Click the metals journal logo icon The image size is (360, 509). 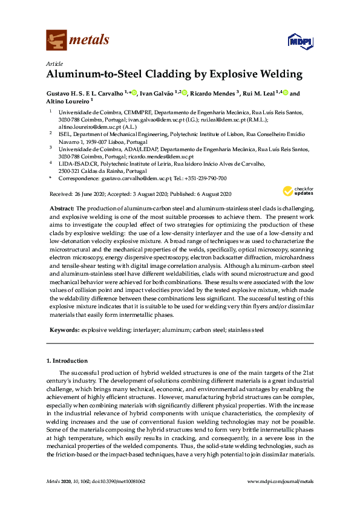click(x=56, y=41)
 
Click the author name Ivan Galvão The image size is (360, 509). click(x=159, y=94)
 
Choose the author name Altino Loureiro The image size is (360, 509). click(x=67, y=102)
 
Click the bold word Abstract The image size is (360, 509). click(x=62, y=207)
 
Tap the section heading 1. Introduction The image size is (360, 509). click(x=67, y=360)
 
